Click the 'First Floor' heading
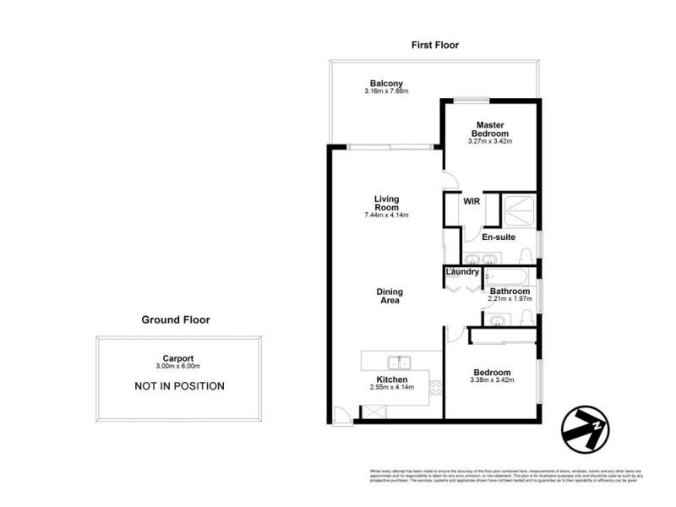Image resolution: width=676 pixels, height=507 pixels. pos(434,45)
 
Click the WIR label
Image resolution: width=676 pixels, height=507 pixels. pos(471,202)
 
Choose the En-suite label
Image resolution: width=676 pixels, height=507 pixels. pos(499,237)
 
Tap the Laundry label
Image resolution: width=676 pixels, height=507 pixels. pos(462,272)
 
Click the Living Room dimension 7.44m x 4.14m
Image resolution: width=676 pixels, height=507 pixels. pos(387,215)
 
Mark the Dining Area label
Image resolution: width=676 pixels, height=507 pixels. pos(389,296)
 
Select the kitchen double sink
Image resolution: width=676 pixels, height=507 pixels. pos(393,363)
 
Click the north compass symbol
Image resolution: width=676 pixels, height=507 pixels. pos(584,428)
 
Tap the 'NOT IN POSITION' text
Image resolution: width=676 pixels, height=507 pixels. pos(179,386)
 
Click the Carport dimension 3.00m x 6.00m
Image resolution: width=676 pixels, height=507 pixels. pos(178,366)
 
